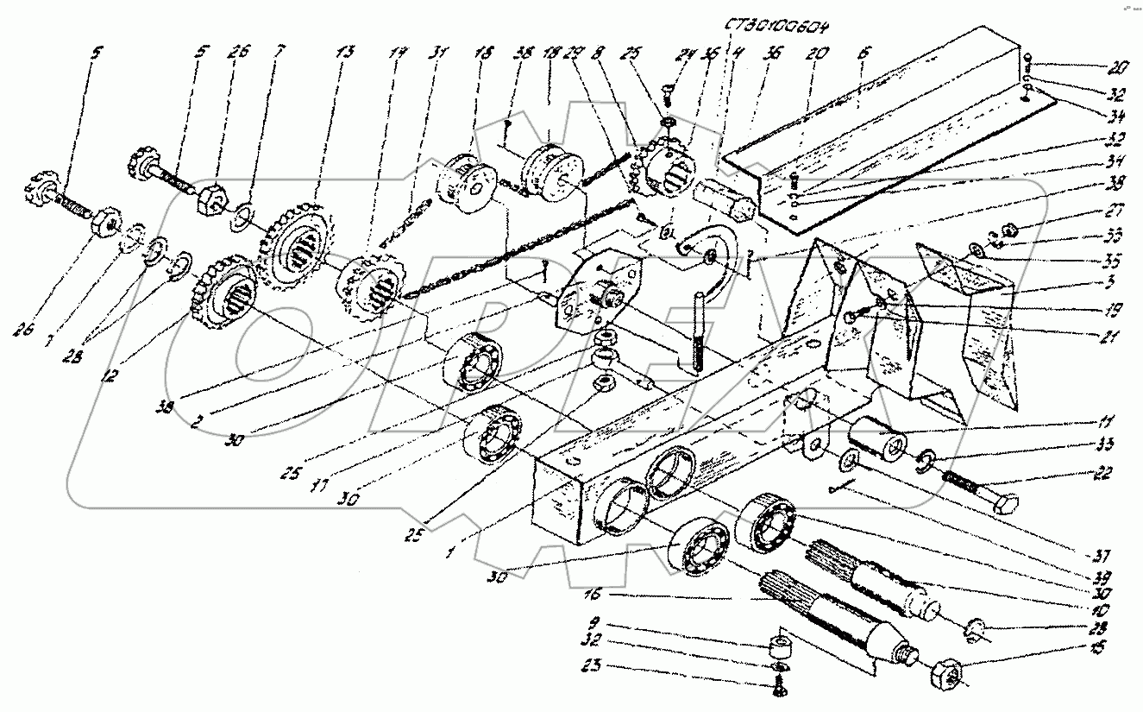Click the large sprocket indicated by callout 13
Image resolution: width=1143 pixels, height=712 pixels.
click(293, 250)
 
